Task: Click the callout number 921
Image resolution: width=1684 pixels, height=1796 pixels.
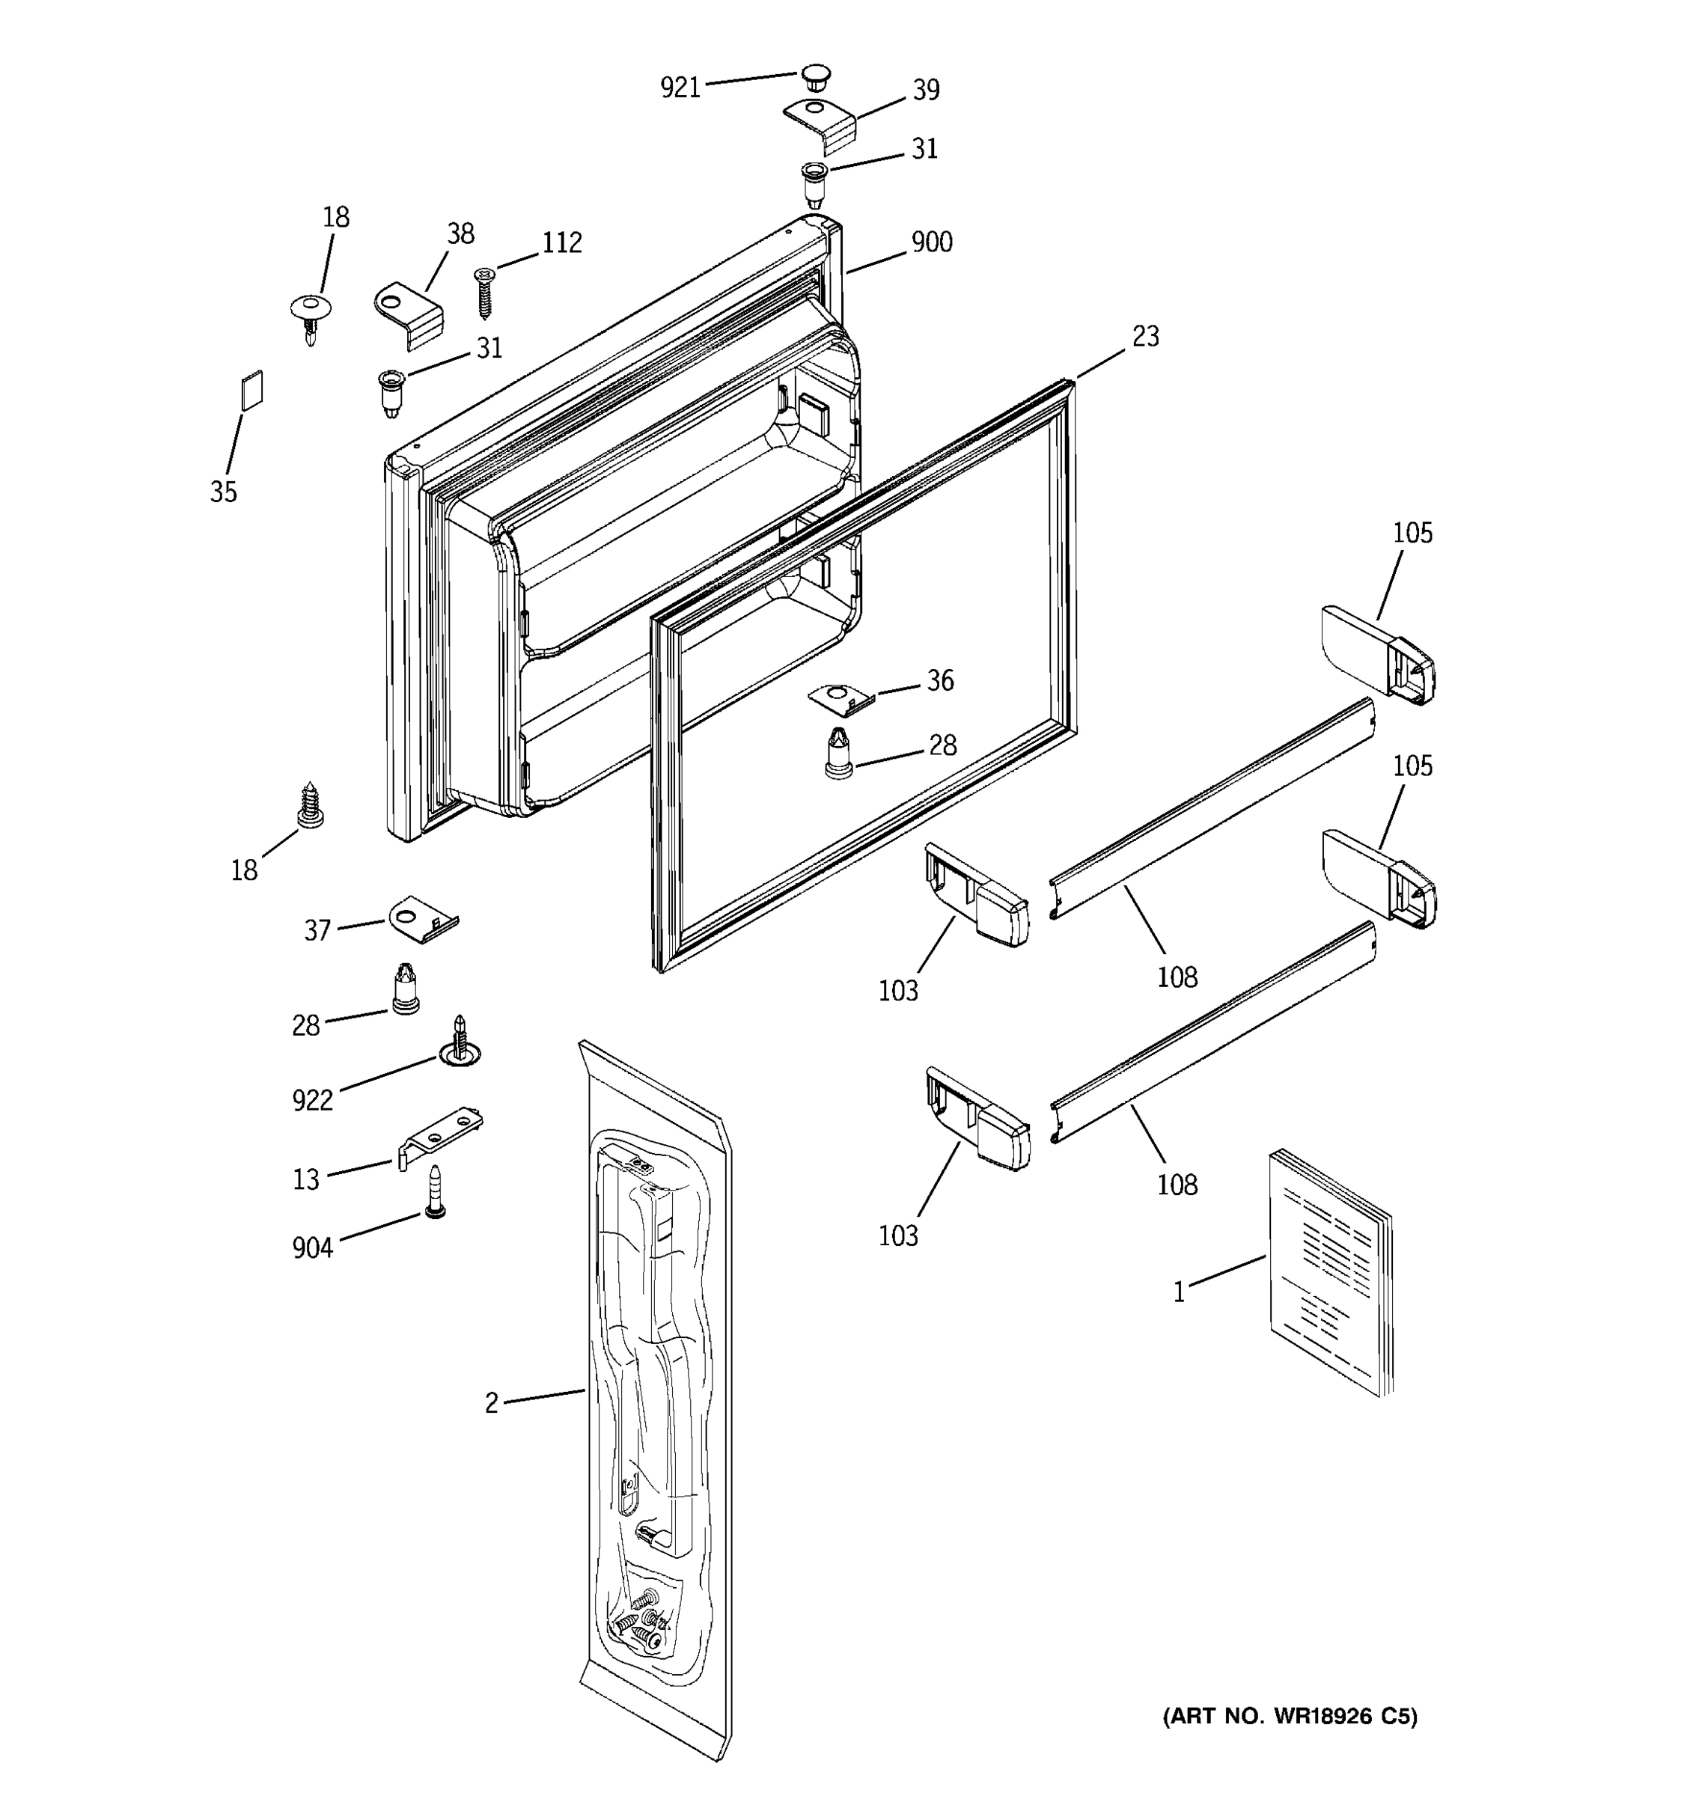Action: click(x=680, y=88)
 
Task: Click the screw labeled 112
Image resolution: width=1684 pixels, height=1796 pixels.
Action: click(x=485, y=291)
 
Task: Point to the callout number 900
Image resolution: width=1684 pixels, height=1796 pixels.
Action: click(x=932, y=242)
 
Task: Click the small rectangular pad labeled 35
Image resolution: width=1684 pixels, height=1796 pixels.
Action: click(x=251, y=389)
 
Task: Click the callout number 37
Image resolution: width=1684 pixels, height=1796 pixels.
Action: click(x=317, y=930)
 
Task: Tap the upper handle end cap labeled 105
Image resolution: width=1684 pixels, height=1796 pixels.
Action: click(x=1377, y=656)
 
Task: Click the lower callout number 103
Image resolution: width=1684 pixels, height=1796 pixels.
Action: click(x=897, y=1235)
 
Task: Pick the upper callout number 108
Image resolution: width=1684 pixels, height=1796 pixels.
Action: click(x=1177, y=977)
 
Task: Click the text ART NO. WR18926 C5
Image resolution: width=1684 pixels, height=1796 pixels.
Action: click(x=1290, y=1716)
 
